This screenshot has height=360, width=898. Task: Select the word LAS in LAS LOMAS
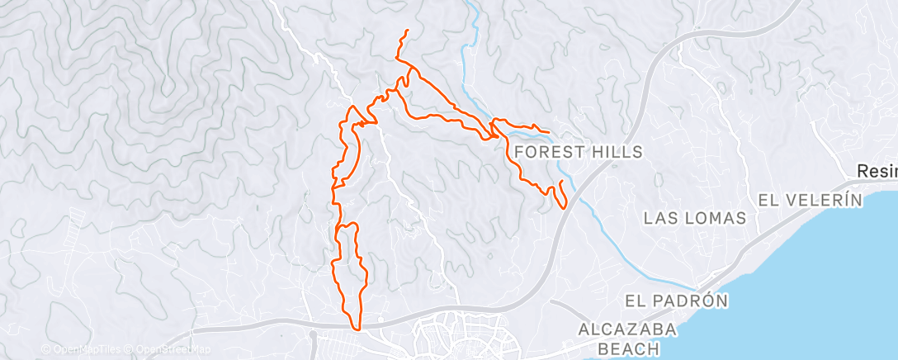(x=660, y=218)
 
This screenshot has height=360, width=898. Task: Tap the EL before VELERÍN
(x=769, y=200)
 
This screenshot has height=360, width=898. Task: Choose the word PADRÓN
(x=691, y=301)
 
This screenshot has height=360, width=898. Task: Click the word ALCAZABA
(x=627, y=330)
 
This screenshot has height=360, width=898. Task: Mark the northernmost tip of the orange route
(x=408, y=31)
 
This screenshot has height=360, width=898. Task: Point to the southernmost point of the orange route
(x=357, y=329)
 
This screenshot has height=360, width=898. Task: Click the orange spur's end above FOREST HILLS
(x=549, y=131)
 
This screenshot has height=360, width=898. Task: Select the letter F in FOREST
(x=518, y=152)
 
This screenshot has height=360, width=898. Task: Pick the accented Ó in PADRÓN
(x=709, y=301)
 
